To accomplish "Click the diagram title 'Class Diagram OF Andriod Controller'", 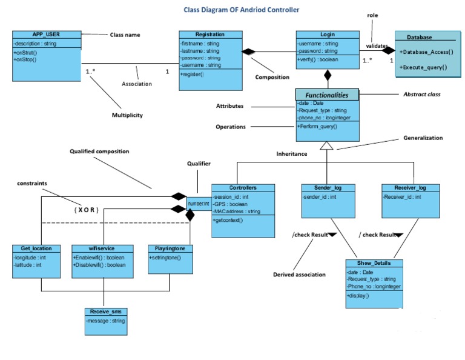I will (x=241, y=10).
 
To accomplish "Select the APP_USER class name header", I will (x=46, y=35).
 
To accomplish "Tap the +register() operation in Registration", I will (x=192, y=74).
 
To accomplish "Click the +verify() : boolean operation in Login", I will (x=317, y=59).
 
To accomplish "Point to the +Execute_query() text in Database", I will (x=423, y=67).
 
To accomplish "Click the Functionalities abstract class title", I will (x=327, y=95).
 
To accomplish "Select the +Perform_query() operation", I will (x=317, y=127).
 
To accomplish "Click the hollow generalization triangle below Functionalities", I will (x=327, y=145).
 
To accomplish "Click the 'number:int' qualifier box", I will (x=198, y=204).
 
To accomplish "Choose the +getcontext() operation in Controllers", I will (x=228, y=220).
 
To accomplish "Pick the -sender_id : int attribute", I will (x=320, y=197).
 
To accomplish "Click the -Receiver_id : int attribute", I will (x=401, y=197).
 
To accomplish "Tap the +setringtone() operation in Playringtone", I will (x=165, y=258).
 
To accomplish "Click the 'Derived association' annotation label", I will (x=299, y=275).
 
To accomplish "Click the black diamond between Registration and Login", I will (x=249, y=52).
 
